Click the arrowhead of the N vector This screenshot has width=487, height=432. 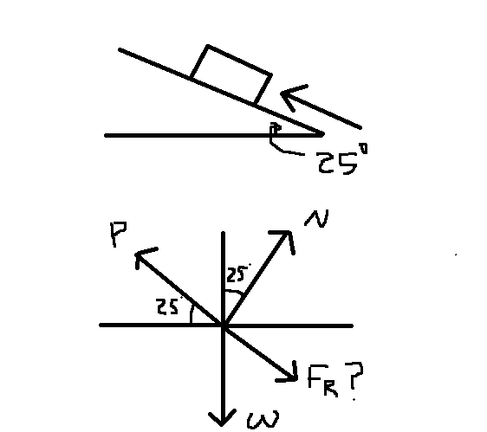click(x=287, y=235)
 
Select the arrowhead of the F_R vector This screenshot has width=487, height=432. click(x=289, y=375)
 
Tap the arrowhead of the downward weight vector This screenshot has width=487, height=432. click(x=224, y=421)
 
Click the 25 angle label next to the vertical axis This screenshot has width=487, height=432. click(x=236, y=276)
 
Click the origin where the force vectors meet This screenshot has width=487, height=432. click(x=224, y=326)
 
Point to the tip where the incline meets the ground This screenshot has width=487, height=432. click(x=322, y=135)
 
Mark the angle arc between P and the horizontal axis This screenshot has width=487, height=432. click(x=194, y=314)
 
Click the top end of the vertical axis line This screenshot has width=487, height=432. click(x=224, y=234)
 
